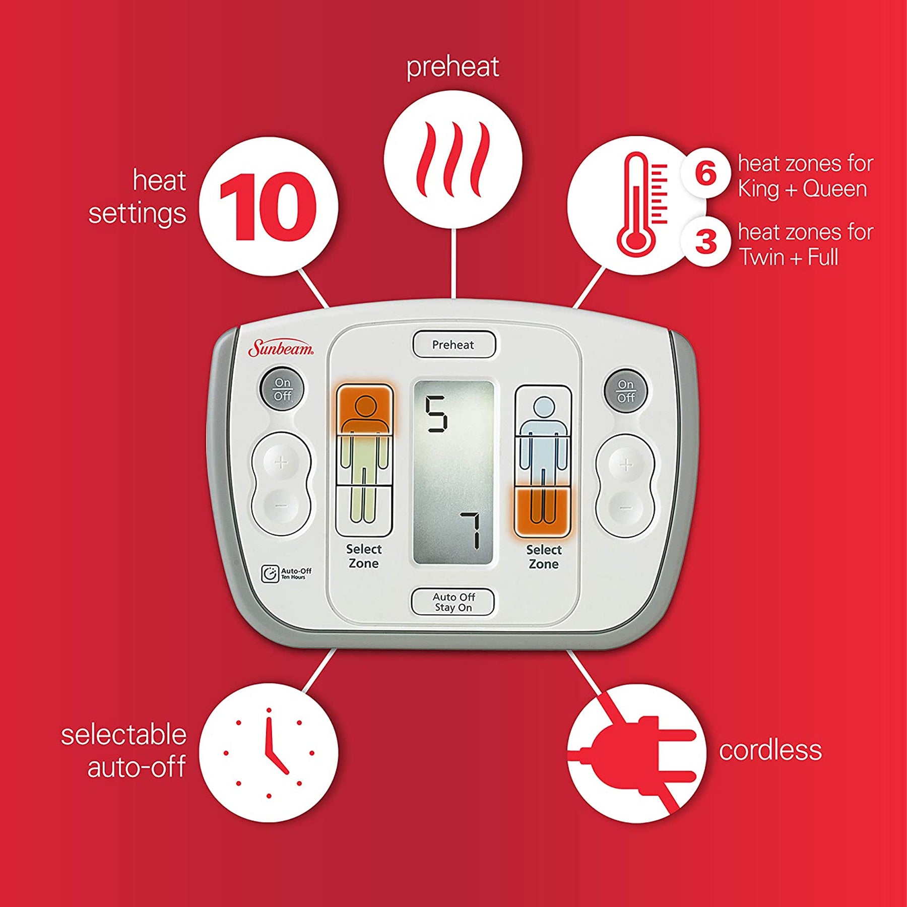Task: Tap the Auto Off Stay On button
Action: click(x=453, y=602)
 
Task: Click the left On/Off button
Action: click(x=282, y=390)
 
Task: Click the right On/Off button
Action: click(x=626, y=391)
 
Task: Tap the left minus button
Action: click(x=281, y=505)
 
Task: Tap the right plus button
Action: click(x=626, y=465)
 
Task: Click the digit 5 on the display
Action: click(x=436, y=414)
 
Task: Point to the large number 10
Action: click(x=268, y=207)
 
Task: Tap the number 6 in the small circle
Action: click(x=705, y=172)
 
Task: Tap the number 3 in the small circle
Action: click(x=706, y=241)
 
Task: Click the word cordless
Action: click(x=770, y=750)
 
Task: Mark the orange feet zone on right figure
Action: click(x=542, y=511)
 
